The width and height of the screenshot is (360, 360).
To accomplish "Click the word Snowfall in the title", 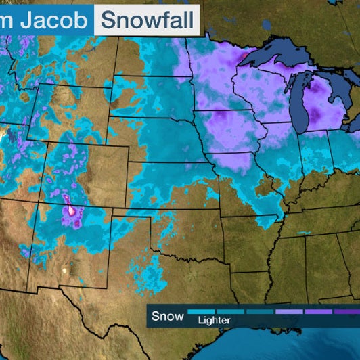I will point(145,19).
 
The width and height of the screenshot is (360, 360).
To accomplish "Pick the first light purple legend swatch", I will point(289,312).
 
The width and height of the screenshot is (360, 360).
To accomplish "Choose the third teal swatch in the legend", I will point(260,312).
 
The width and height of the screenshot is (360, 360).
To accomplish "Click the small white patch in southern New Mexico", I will point(66,270).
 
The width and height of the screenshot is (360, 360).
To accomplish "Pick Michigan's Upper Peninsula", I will point(271,74).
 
